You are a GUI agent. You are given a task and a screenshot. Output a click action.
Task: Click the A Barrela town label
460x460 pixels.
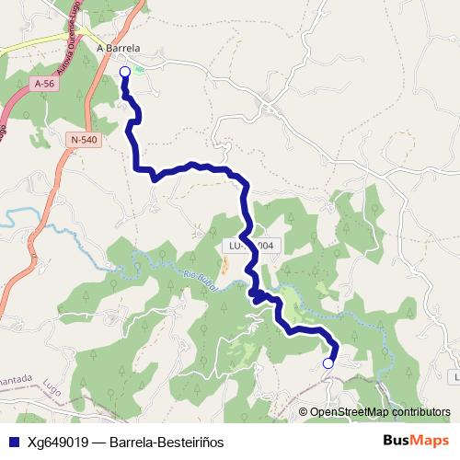(118, 49)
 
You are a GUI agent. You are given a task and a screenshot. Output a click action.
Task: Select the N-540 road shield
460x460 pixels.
(83, 139)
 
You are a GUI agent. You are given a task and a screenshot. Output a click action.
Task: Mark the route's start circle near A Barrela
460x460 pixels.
(124, 71)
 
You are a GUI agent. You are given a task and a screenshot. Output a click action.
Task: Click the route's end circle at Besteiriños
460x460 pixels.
(328, 363)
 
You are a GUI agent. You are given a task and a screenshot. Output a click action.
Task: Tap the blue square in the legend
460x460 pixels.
(12, 441)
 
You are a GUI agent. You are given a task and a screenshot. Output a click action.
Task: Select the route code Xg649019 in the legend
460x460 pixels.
(58, 441)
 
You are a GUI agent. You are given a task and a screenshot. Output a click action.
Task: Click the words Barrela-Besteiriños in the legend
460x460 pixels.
(167, 441)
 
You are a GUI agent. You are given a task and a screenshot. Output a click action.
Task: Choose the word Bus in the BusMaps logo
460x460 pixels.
(398, 440)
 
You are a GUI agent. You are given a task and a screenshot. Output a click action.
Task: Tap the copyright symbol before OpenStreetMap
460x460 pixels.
(305, 412)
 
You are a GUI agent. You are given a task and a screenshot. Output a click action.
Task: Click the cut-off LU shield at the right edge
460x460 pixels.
(454, 377)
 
